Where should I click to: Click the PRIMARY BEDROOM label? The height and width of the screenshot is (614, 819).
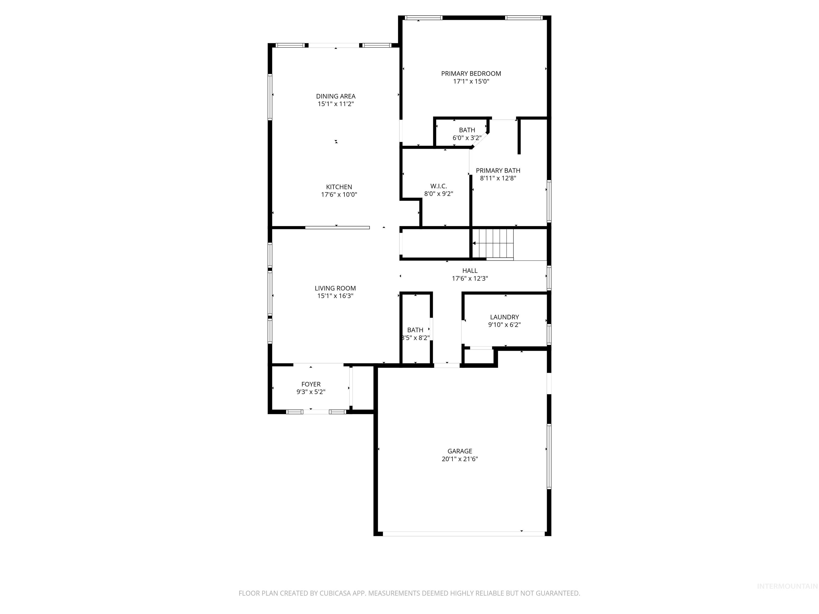pos(471,74)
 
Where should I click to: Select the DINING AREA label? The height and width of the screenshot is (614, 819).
pos(335,96)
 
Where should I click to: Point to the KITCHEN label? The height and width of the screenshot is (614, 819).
pos(339,187)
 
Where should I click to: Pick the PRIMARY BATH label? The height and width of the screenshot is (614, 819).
pos(498,171)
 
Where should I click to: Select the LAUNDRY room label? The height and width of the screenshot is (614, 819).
pos(504,317)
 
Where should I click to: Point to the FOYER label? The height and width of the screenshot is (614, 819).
pos(311,385)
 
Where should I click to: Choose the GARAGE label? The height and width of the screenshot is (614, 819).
pos(459,451)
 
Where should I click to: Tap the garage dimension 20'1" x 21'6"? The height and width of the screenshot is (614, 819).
pos(459,459)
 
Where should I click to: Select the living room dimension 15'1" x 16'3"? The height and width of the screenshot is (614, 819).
pos(335,296)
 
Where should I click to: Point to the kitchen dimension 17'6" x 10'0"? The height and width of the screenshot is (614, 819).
pos(339,195)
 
